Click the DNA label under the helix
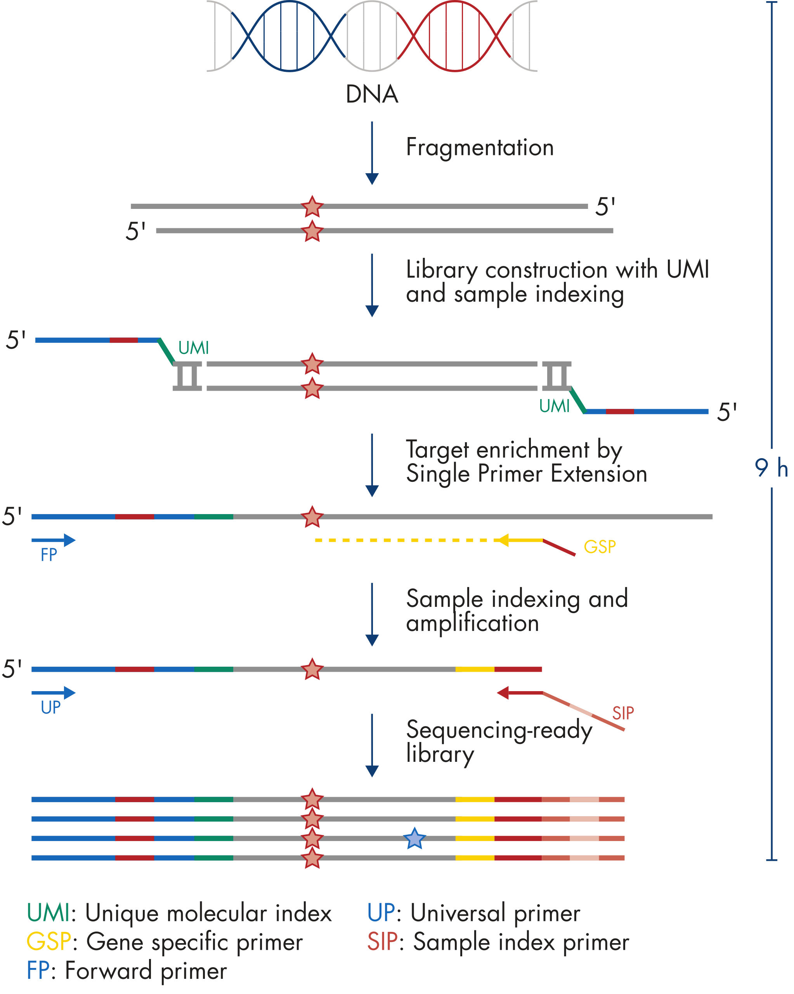[x=371, y=94]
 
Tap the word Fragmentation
[x=479, y=148]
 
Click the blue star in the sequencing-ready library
[x=414, y=839]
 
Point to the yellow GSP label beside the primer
[x=600, y=547]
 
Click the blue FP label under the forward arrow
[x=49, y=555]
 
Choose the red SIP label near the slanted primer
[x=622, y=713]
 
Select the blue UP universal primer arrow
[x=54, y=692]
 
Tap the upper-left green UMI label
[x=194, y=348]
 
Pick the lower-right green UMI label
[x=555, y=406]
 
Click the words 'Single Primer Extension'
[x=526, y=474]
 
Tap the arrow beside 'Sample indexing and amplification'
[x=372, y=614]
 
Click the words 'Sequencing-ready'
[x=499, y=730]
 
